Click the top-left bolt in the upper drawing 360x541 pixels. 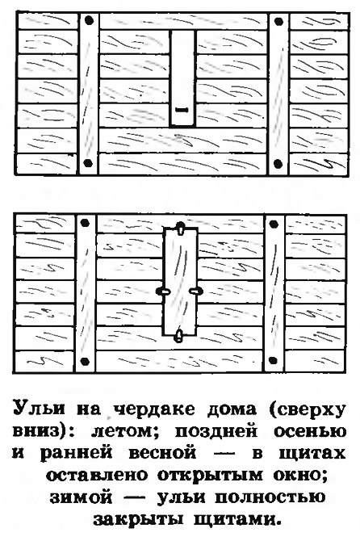click(90, 21)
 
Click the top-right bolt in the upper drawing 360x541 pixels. click(278, 22)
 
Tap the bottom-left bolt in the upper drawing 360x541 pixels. click(88, 162)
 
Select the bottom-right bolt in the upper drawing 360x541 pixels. click(278, 163)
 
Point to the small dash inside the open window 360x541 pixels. click(182, 110)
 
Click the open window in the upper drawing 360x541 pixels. click(182, 78)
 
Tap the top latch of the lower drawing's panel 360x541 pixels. click(180, 228)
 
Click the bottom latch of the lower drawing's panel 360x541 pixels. click(179, 335)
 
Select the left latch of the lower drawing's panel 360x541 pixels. click(163, 291)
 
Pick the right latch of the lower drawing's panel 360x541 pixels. click(196, 291)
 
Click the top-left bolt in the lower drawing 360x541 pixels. click(86, 223)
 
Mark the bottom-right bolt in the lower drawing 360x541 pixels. click(273, 361)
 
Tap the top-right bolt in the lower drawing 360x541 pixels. click(274, 224)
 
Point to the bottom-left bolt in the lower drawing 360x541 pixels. click(85, 362)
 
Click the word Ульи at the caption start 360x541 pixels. click(39, 409)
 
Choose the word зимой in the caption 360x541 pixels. click(81, 497)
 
